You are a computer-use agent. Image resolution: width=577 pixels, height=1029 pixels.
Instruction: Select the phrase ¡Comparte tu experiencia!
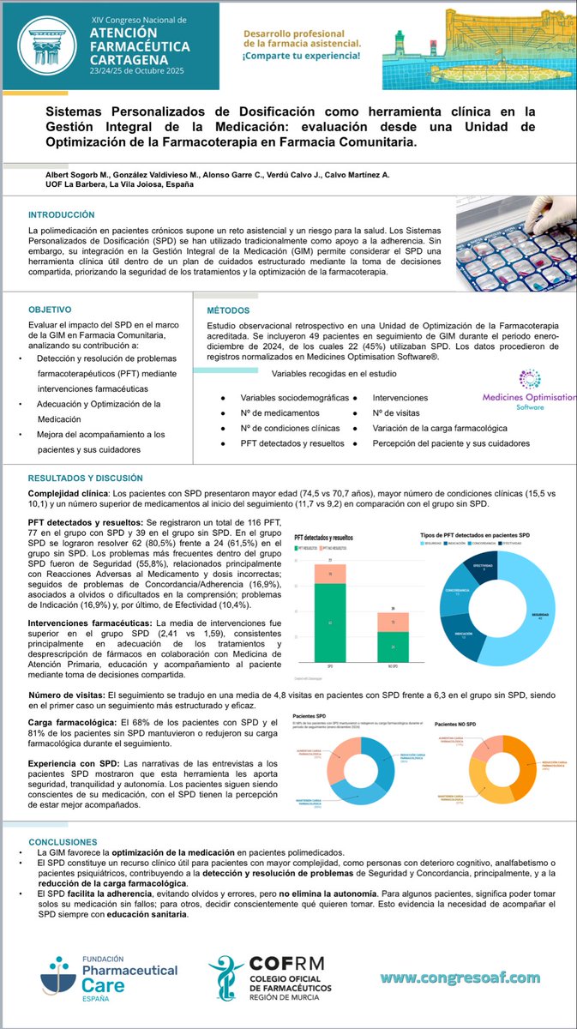click(300, 57)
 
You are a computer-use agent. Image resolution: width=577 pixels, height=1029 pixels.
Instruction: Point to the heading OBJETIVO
click(51, 308)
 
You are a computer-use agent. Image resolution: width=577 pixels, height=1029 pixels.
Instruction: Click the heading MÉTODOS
click(228, 310)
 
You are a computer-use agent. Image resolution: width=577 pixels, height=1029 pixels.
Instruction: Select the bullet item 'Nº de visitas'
click(402, 413)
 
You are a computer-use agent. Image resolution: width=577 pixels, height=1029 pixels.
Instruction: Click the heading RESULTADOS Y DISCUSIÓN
click(86, 478)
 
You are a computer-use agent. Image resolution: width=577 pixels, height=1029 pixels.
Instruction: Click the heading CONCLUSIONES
click(63, 841)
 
